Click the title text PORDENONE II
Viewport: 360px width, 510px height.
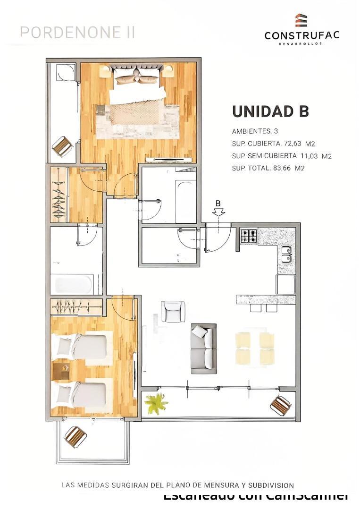(x=78, y=32)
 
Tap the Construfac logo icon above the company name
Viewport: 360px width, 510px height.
(x=301, y=21)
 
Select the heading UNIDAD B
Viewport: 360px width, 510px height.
(x=270, y=111)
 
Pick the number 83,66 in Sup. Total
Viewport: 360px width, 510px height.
(x=284, y=168)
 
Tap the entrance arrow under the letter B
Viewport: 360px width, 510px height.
(x=218, y=212)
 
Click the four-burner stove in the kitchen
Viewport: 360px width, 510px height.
(x=249, y=236)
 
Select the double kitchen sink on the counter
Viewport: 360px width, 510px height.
(x=286, y=254)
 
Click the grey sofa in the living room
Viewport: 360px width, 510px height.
(x=204, y=348)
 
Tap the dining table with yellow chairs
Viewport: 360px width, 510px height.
(x=255, y=348)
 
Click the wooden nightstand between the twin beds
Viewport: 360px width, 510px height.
(x=61, y=370)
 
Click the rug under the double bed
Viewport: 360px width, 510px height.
(x=137, y=120)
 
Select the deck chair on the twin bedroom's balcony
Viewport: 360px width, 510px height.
(x=75, y=437)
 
